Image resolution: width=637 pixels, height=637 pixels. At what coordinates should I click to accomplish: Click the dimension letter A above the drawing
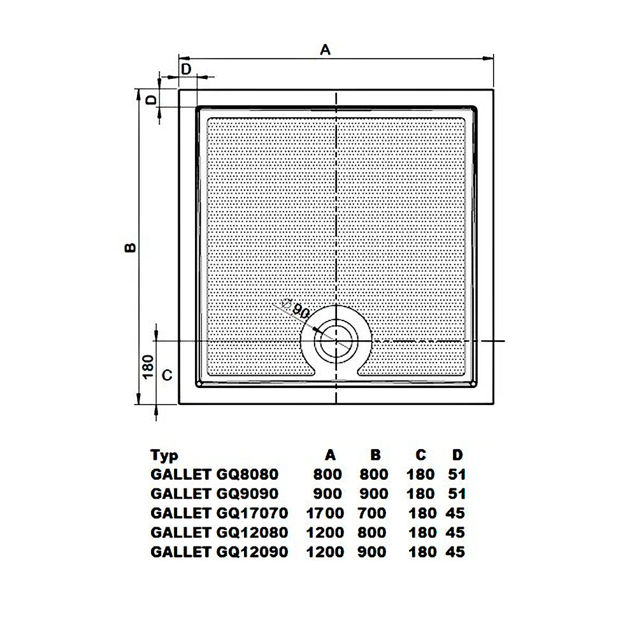tap(326, 50)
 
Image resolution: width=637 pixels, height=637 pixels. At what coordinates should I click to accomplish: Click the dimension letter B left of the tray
tap(130, 247)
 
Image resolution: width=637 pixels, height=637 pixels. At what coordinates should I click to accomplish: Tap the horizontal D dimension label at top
tap(186, 69)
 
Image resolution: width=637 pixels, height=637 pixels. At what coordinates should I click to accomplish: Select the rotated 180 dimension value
tap(148, 366)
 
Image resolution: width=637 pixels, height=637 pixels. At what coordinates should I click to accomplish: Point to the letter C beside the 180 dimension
tap(167, 375)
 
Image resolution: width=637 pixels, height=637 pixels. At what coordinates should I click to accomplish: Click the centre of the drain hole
tap(336, 340)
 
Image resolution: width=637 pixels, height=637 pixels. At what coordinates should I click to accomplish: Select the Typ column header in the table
tap(164, 455)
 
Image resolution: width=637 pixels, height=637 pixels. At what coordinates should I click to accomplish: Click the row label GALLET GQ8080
tap(215, 474)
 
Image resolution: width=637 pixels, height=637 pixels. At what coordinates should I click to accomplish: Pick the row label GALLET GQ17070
tap(219, 513)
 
